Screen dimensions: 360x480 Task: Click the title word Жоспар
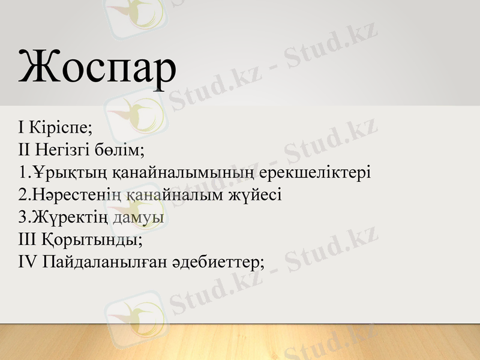click(x=97, y=67)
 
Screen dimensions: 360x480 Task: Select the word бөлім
click(x=122, y=150)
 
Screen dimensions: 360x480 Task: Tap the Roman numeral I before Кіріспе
click(x=22, y=127)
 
